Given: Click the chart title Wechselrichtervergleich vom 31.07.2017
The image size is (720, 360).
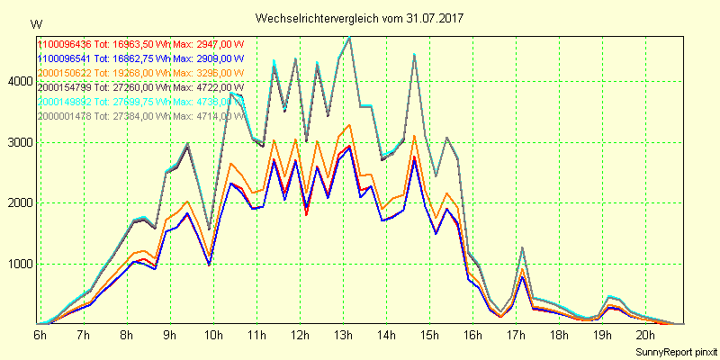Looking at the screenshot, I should click(x=359, y=17).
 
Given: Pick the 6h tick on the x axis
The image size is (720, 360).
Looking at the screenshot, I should click(x=40, y=335).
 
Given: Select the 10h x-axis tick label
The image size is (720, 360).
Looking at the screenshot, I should click(x=213, y=335).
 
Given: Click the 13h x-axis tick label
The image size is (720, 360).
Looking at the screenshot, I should click(x=343, y=335).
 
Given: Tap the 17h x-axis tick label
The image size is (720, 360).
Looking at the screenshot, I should click(x=516, y=335).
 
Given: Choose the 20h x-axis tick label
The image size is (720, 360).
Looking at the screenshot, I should click(x=645, y=335).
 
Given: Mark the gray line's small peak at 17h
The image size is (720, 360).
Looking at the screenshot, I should click(x=522, y=247).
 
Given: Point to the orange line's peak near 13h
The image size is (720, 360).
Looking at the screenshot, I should click(x=349, y=125).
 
